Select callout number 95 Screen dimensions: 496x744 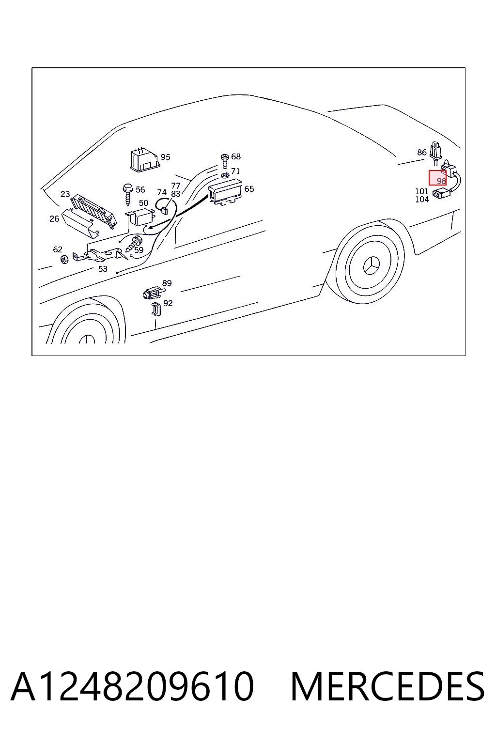(166, 157)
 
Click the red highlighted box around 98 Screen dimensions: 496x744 (437, 178)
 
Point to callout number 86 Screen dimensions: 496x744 (421, 152)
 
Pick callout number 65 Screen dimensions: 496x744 (249, 188)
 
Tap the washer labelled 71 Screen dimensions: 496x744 (225, 175)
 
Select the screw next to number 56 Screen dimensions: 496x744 (128, 194)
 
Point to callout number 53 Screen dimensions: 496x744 (103, 269)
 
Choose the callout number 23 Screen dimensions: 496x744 (65, 194)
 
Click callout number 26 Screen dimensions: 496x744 (54, 218)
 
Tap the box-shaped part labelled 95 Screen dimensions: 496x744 (144, 160)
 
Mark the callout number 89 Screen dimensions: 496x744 (167, 283)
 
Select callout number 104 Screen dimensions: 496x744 (422, 199)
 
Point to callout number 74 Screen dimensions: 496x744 (162, 192)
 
